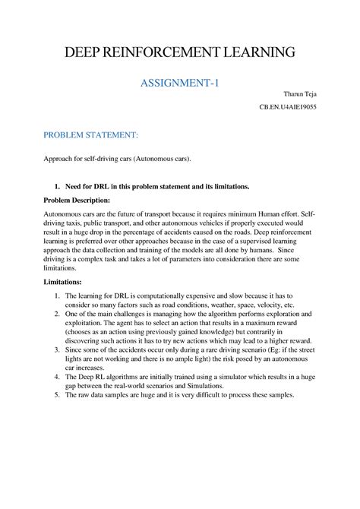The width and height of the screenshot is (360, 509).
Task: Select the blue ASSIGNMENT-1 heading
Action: point(179,81)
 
